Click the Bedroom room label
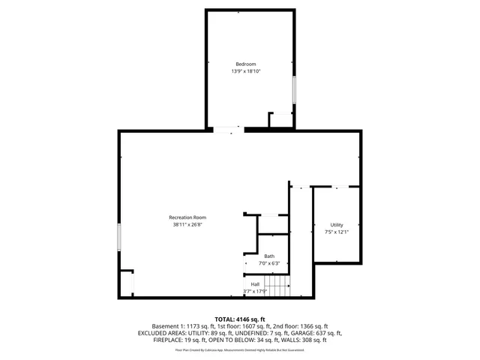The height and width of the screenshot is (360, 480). pyautogui.click(x=247, y=63)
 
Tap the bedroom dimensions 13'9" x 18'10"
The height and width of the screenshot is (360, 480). pyautogui.click(x=247, y=72)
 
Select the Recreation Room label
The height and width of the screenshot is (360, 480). pyautogui.click(x=187, y=217)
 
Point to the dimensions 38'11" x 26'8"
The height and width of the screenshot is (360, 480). pyautogui.click(x=187, y=224)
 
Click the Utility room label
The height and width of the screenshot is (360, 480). pyautogui.click(x=336, y=225)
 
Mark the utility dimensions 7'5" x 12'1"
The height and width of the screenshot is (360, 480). pyautogui.click(x=336, y=232)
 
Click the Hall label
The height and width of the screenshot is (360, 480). pyautogui.click(x=255, y=284)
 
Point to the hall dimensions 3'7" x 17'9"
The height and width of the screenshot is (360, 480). pyautogui.click(x=256, y=292)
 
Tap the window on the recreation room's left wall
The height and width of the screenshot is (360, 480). pyautogui.click(x=118, y=238)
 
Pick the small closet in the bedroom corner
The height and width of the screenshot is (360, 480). pyautogui.click(x=281, y=120)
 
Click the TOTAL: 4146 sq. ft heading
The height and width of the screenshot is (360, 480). pyautogui.click(x=240, y=319)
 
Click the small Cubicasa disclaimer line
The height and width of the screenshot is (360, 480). pyautogui.click(x=240, y=349)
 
